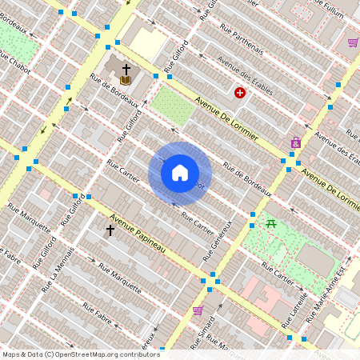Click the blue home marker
[x=180, y=172]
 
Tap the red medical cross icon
[x=239, y=93]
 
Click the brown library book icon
[x=126, y=80]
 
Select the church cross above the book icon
[x=126, y=70]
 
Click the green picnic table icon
[x=272, y=224]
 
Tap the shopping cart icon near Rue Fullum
[x=353, y=42]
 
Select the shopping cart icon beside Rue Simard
[x=198, y=310]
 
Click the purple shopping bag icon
[x=296, y=142]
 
